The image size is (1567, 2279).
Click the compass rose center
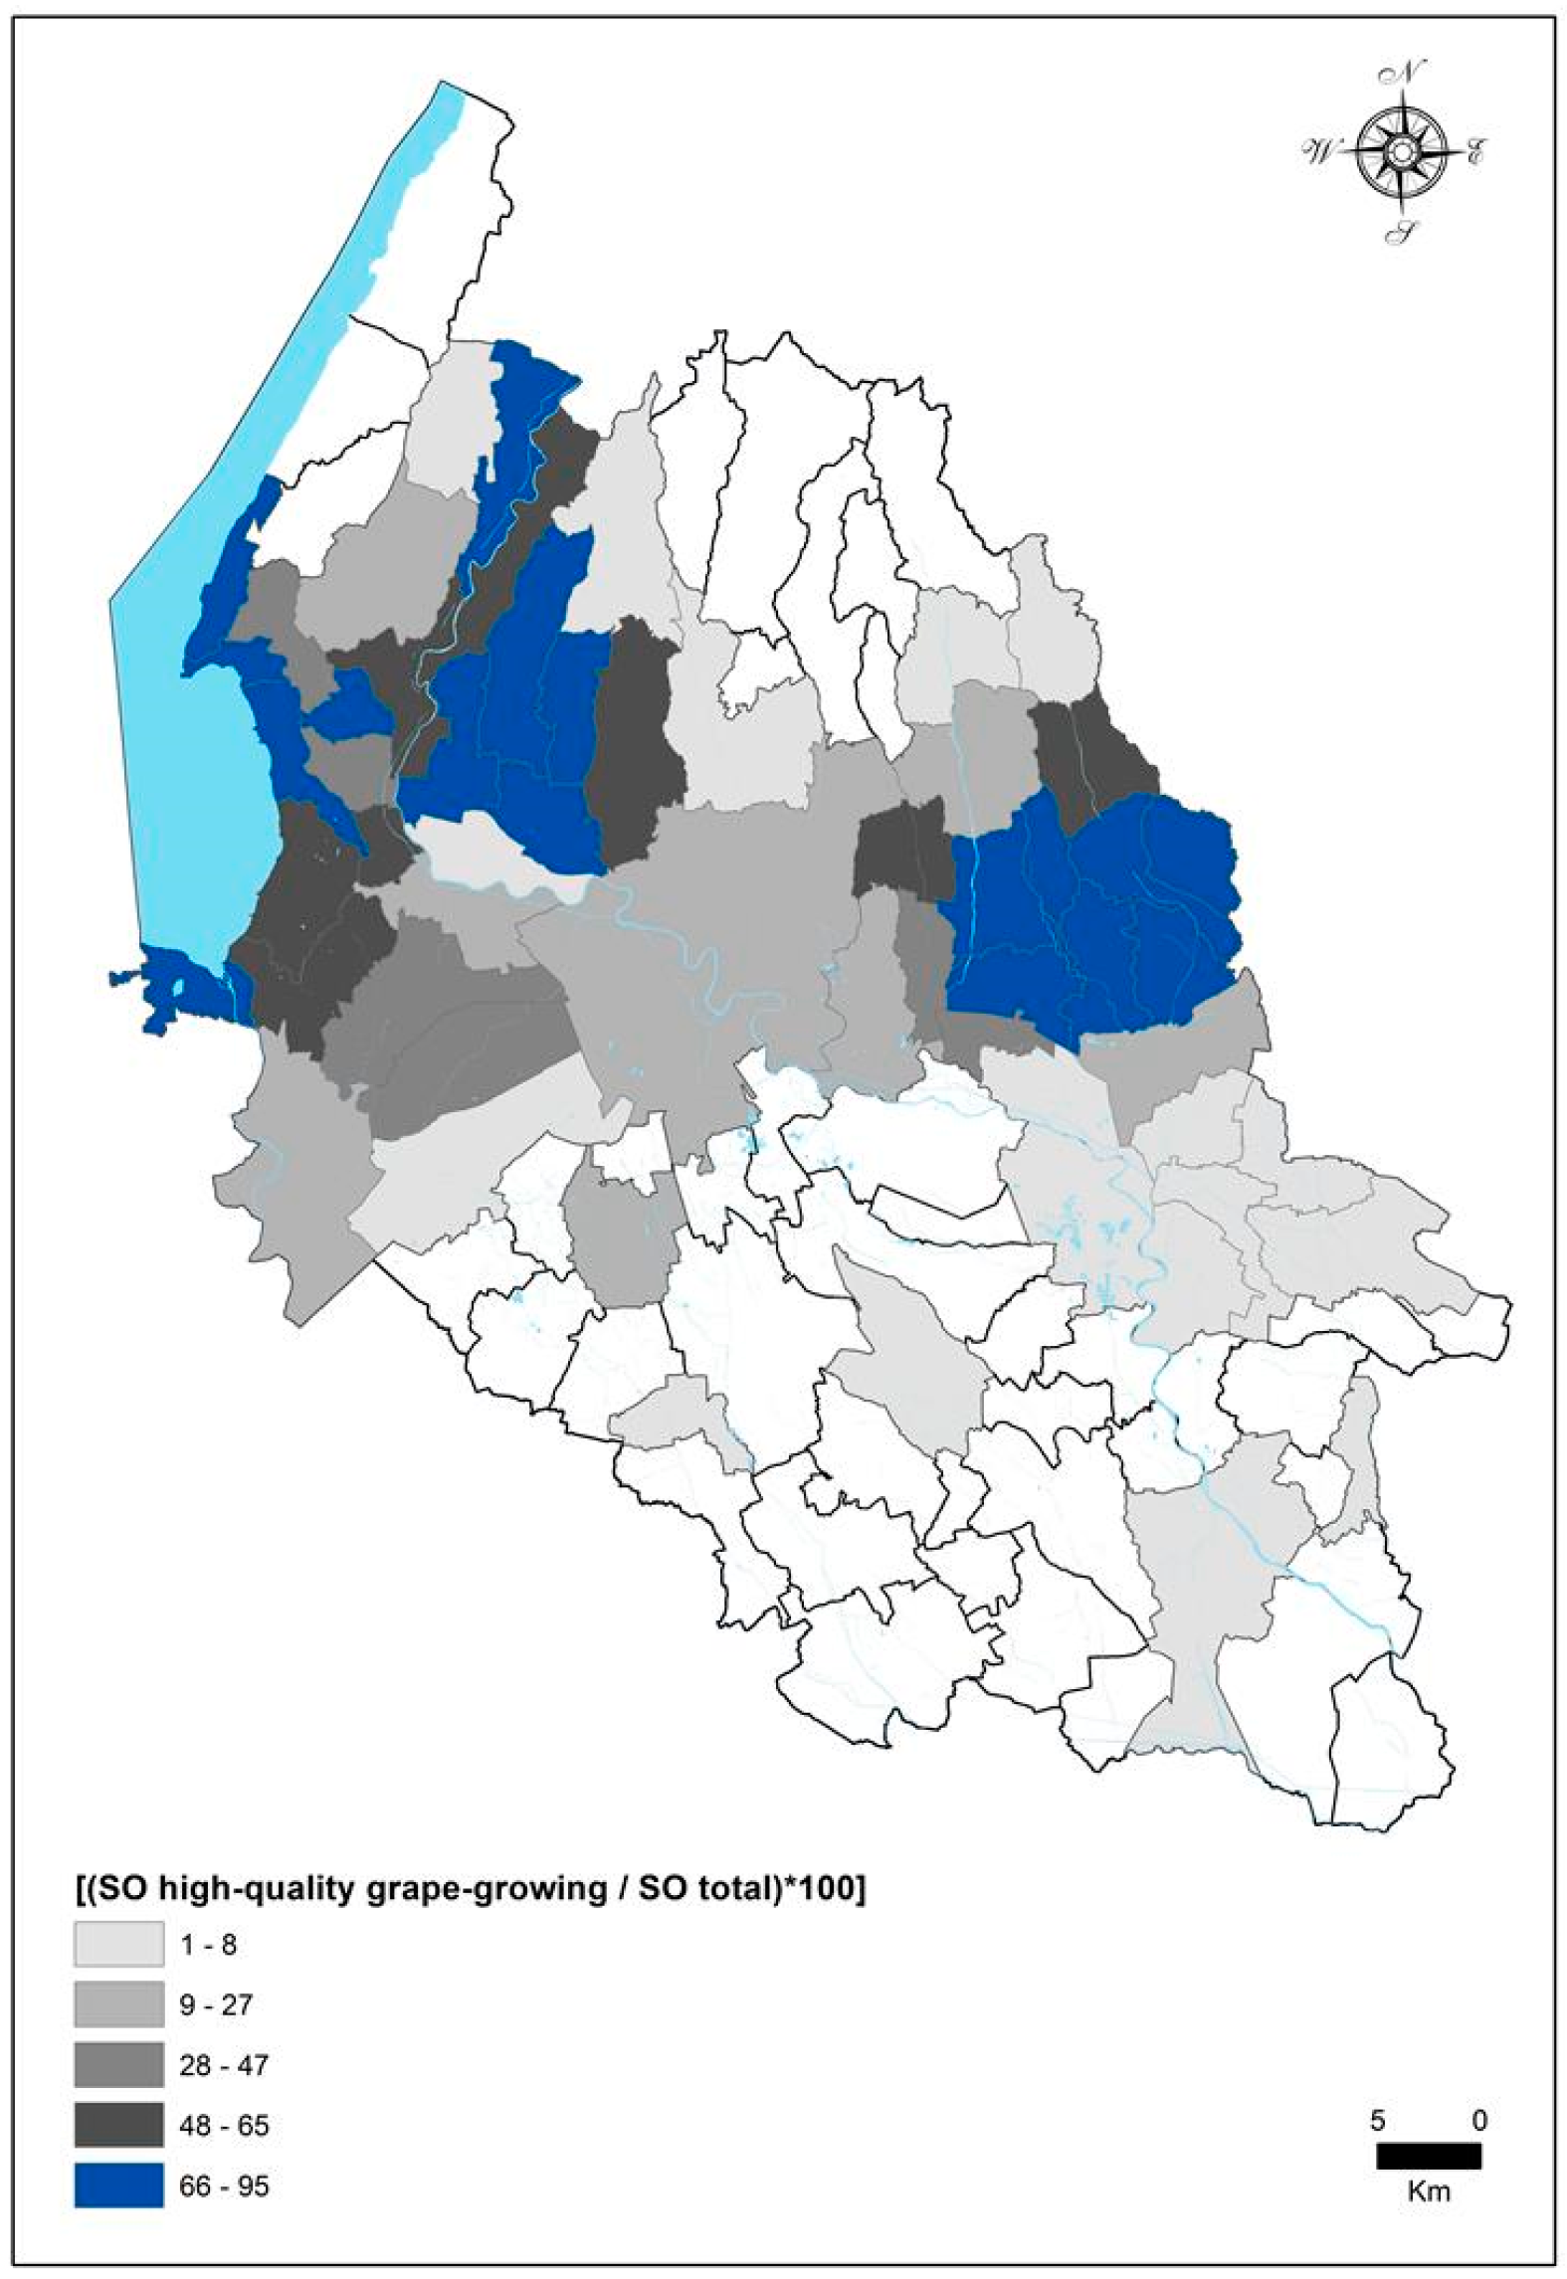tap(1401, 151)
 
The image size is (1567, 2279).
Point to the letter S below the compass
tap(1404, 233)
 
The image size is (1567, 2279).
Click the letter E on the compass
tap(1475, 154)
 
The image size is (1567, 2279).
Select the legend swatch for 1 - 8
tap(118, 1944)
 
